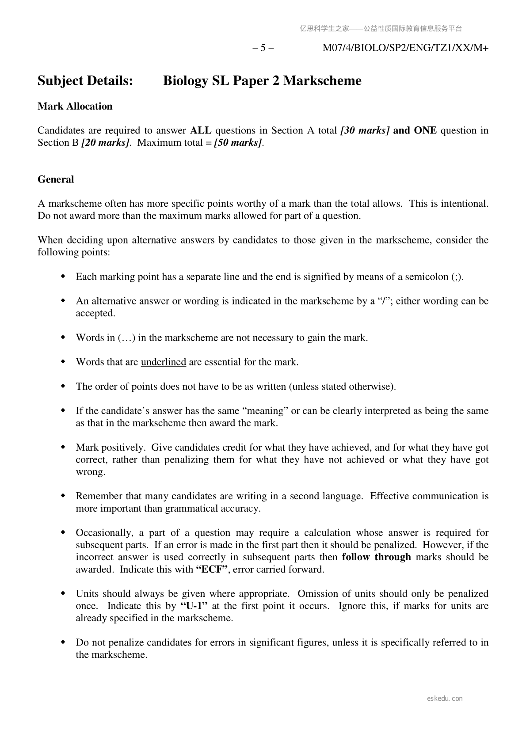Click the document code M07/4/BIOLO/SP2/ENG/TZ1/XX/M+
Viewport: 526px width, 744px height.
coord(405,48)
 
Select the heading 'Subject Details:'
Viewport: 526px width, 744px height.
coord(85,81)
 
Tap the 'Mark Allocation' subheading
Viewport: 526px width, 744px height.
coord(75,106)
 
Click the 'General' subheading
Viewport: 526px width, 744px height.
coord(56,179)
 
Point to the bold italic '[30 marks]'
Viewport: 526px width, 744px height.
coord(365,131)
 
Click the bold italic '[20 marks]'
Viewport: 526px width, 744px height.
coord(105,143)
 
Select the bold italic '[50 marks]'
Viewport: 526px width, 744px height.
coord(238,143)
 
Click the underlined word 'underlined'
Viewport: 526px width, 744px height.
coord(163,362)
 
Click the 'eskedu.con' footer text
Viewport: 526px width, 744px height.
coord(445,698)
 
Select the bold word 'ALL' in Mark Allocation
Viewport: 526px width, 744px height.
coord(201,131)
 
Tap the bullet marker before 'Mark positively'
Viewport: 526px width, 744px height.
coord(63,448)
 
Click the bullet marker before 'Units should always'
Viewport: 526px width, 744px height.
coord(63,594)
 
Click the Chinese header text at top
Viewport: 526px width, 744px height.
coord(381,29)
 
